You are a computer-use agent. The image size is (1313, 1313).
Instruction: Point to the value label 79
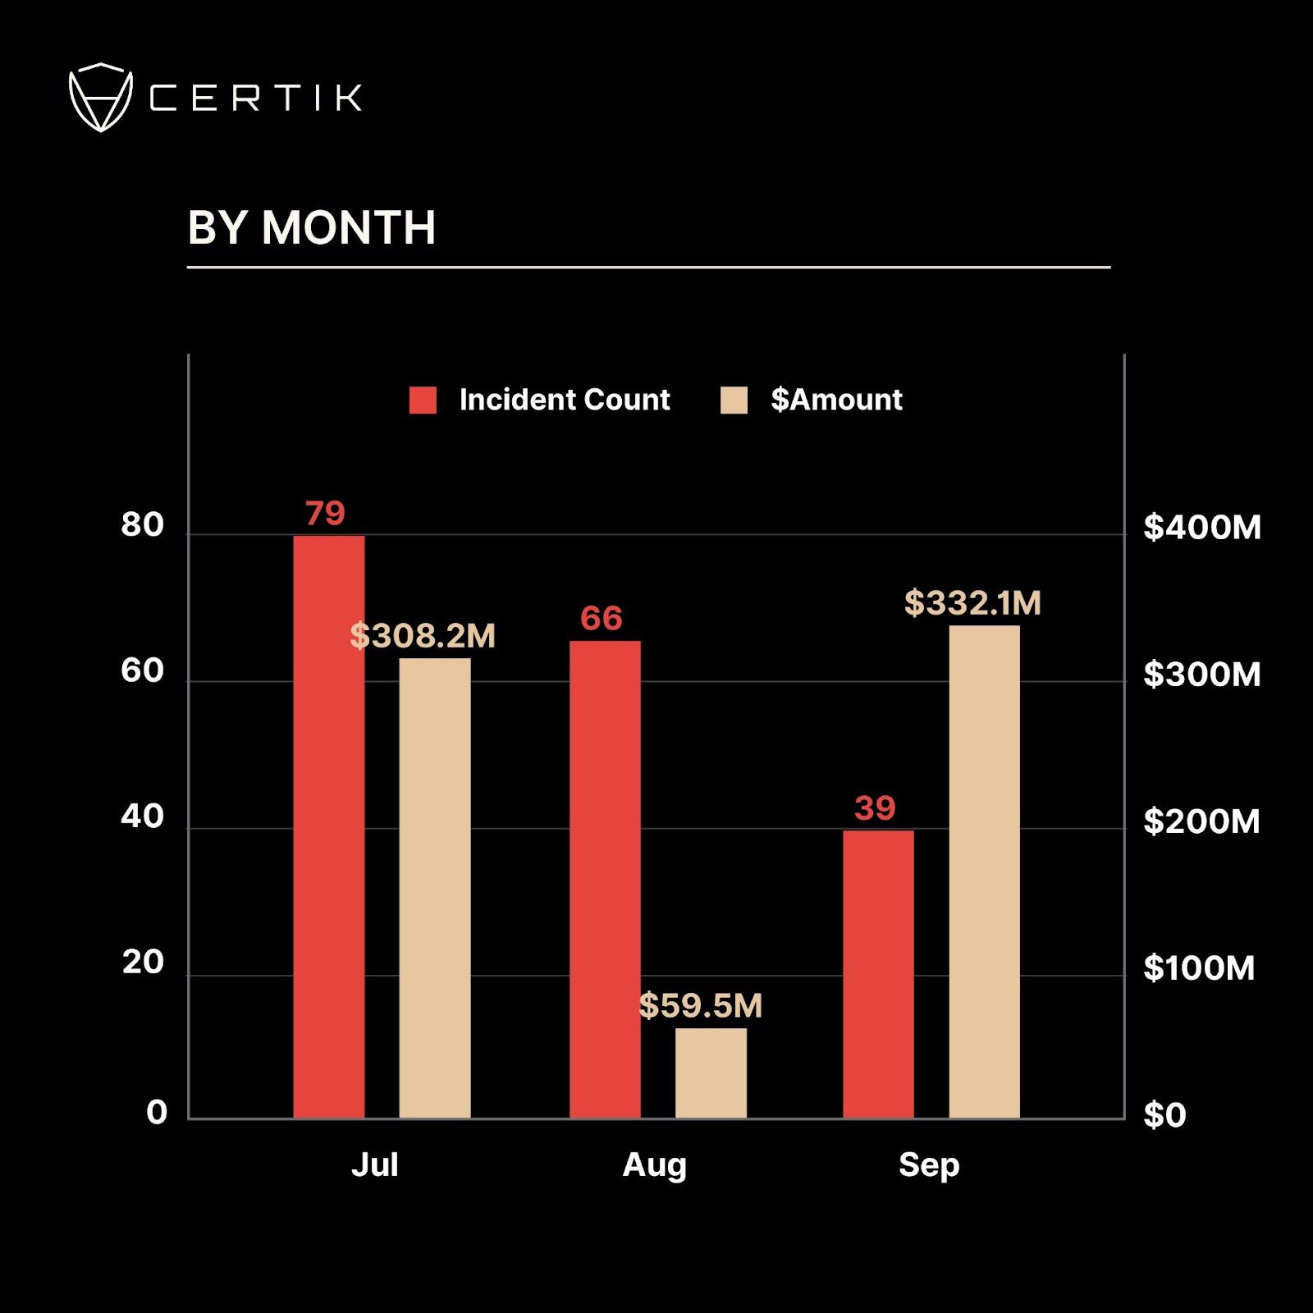(325, 514)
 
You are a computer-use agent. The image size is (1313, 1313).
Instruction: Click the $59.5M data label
(701, 1005)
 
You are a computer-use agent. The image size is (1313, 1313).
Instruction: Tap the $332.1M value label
(972, 603)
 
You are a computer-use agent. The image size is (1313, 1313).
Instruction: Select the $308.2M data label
(423, 636)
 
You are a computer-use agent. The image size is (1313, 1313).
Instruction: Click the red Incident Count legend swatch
(423, 400)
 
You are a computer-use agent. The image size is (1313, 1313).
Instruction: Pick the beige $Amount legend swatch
(734, 400)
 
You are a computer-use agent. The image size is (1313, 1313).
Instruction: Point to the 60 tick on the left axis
(142, 671)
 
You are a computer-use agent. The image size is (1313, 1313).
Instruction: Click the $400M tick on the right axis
(1201, 528)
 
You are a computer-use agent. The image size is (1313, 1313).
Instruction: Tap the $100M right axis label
(1198, 968)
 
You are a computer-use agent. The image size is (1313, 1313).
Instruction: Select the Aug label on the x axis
(654, 1165)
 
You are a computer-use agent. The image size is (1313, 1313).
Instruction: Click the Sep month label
(928, 1165)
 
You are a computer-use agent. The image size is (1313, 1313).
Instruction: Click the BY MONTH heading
(311, 227)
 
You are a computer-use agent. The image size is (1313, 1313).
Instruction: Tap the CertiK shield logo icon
(100, 98)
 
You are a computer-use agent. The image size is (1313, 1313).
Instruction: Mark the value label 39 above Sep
(875, 808)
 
